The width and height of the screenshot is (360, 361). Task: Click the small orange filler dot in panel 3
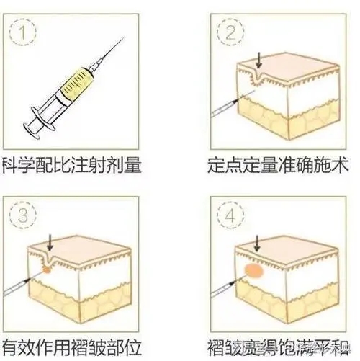tap(47, 271)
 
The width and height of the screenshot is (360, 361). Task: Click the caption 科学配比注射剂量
tap(71, 164)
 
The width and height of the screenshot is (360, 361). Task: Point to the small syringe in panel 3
tap(18, 288)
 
